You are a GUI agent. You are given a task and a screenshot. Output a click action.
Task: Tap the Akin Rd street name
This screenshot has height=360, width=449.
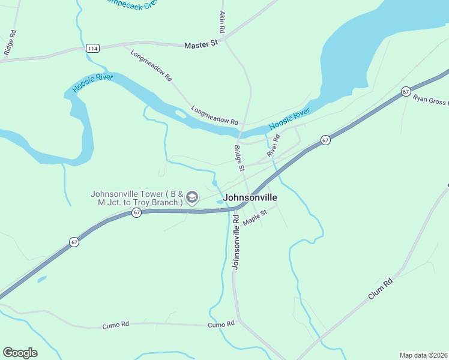pyautogui.click(x=222, y=22)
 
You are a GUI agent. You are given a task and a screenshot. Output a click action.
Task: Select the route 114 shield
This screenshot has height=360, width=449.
pyautogui.click(x=92, y=49)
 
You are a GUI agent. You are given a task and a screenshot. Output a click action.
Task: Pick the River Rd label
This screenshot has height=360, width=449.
pyautogui.click(x=274, y=146)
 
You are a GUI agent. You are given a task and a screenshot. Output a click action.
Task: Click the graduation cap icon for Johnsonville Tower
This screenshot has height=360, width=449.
pyautogui.click(x=192, y=197)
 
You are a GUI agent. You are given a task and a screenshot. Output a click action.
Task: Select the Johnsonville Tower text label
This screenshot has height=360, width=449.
pyautogui.click(x=136, y=198)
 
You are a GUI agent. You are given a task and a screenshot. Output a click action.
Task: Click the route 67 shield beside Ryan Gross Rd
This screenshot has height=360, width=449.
pyautogui.click(x=406, y=92)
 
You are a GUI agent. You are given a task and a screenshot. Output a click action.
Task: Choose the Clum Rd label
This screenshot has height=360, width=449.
pyautogui.click(x=381, y=289)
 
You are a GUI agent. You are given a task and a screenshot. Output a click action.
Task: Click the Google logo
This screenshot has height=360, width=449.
pyautogui.click(x=20, y=353)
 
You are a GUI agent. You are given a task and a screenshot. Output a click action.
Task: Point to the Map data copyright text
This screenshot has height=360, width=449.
pyautogui.click(x=423, y=355)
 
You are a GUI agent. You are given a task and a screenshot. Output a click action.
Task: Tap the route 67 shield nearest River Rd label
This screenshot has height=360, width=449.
pyautogui.click(x=325, y=140)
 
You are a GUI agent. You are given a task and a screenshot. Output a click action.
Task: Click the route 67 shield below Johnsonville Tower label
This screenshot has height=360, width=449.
pyautogui.click(x=137, y=213)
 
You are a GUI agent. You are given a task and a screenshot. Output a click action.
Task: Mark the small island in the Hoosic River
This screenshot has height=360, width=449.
pyautogui.click(x=181, y=113)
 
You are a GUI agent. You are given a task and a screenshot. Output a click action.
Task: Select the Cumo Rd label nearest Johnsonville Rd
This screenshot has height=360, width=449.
pyautogui.click(x=221, y=325)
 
